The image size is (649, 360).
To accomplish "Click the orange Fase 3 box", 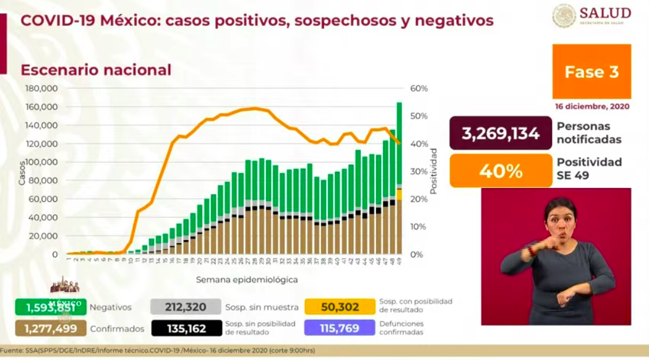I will [591, 72].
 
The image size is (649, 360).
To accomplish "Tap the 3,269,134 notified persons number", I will [501, 133].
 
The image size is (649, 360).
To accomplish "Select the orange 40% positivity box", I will [501, 171].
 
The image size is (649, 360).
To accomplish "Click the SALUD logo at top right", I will [591, 15].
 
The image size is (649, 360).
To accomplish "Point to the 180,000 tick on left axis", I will [43, 88].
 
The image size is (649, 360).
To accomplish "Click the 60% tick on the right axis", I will [419, 88].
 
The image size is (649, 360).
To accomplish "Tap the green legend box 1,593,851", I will [49, 307].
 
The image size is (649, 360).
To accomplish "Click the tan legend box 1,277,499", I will [49, 328].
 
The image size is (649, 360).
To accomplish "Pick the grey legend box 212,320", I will [186, 307].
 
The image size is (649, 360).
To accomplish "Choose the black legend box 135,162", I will [186, 328].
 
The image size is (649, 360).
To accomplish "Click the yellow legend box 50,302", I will [340, 307].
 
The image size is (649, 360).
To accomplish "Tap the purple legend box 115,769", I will [340, 328].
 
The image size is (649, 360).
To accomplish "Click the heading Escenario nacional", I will [96, 70].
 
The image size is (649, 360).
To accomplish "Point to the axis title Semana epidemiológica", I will [247, 280].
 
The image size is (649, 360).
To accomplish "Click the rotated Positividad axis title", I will [434, 171].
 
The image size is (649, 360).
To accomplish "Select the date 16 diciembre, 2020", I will [592, 106].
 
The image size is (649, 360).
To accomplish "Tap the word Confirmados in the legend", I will [117, 328].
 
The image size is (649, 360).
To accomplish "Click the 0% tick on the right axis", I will [416, 254].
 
